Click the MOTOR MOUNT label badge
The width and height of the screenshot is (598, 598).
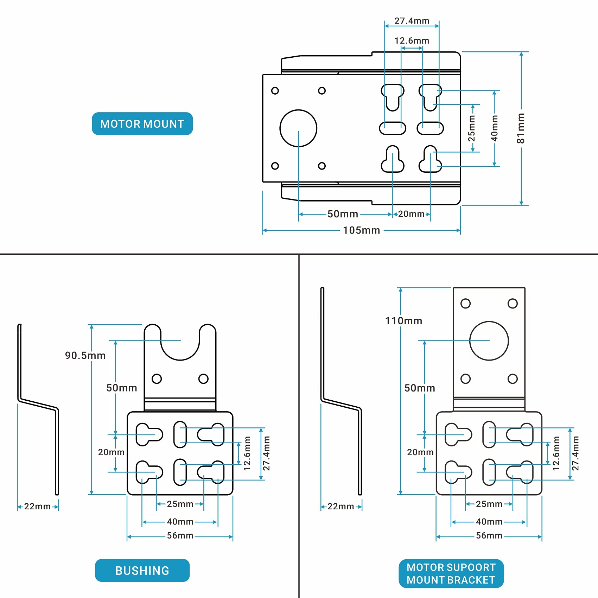point(142,124)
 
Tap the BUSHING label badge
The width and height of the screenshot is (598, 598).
point(142,570)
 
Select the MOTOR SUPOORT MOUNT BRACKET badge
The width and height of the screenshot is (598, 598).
point(451,573)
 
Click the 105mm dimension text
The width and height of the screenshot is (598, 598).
point(361,230)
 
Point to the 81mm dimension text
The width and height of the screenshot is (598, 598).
point(521,128)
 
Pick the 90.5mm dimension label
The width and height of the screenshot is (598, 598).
point(85,356)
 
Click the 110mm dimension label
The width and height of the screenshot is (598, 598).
point(403,321)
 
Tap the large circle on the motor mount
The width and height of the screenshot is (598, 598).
point(298,128)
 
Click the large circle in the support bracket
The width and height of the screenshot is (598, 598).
point(489,341)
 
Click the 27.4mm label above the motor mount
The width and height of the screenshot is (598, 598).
point(412,21)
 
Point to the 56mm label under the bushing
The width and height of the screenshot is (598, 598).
point(180,536)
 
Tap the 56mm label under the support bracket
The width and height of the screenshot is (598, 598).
point(489,536)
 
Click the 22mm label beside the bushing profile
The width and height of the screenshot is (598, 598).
point(37,507)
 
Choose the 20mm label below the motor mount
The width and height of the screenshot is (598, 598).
point(411,214)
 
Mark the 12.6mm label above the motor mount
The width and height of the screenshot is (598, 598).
point(412,41)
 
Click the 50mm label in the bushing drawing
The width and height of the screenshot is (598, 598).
point(122,388)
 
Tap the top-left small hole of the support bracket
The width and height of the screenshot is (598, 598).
point(465,304)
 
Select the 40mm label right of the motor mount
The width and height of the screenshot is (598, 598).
point(495,128)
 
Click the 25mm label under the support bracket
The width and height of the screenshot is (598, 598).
point(489,504)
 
